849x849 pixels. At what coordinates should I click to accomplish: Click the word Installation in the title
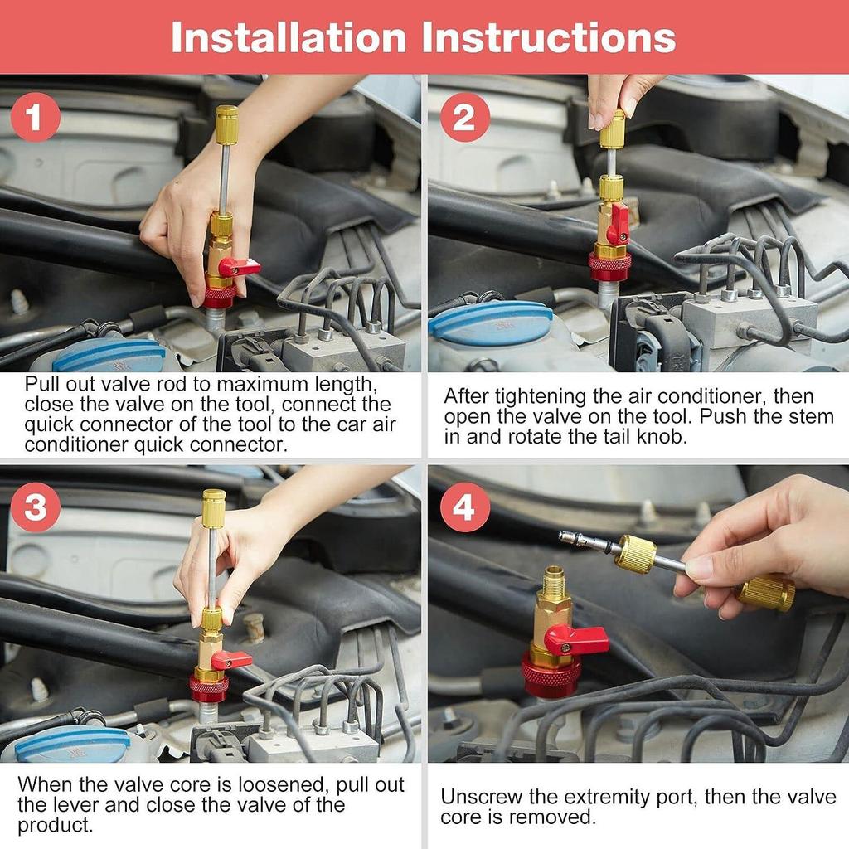tap(289, 37)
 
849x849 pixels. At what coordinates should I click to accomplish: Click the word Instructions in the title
tap(549, 37)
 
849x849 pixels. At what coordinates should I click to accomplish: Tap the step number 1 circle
tap(35, 118)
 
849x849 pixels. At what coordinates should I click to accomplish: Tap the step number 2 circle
tap(464, 118)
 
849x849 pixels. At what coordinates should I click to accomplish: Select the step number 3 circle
tap(35, 507)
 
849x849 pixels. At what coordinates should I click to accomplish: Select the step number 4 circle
tap(464, 507)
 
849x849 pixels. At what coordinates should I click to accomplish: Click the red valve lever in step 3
tap(231, 659)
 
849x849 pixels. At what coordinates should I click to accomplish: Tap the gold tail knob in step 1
tap(226, 124)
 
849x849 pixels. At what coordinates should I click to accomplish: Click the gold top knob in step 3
tap(214, 507)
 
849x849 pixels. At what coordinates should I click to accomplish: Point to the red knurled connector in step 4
tap(549, 676)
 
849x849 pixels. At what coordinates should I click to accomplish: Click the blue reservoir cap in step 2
tap(491, 323)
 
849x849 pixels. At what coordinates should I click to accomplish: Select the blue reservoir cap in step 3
tap(73, 744)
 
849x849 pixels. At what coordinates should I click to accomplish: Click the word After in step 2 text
tap(468, 395)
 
